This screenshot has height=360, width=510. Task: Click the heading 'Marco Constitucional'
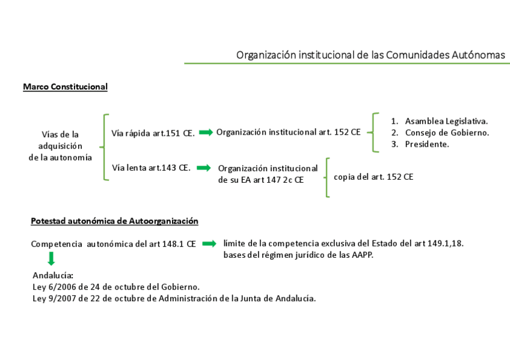click(x=65, y=87)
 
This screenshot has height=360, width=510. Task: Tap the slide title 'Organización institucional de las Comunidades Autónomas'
click(x=370, y=55)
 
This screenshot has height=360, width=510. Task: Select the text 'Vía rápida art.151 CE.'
click(x=153, y=133)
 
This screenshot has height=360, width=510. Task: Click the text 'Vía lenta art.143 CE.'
click(x=151, y=168)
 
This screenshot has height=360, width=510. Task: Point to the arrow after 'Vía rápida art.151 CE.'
click(x=206, y=132)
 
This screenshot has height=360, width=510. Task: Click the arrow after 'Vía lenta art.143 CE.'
click(x=203, y=168)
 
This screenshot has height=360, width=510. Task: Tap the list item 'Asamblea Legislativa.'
click(x=446, y=121)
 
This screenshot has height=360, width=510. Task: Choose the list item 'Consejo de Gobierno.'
click(x=446, y=132)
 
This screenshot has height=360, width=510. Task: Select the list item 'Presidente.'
click(x=426, y=144)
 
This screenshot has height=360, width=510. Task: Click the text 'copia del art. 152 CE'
click(x=373, y=177)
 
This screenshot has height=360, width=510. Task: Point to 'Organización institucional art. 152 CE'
click(x=288, y=132)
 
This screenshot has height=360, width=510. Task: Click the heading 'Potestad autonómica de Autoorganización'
click(x=114, y=221)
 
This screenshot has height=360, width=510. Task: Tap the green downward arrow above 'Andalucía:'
click(x=51, y=259)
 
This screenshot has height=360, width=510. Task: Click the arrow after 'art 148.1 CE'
click(x=209, y=243)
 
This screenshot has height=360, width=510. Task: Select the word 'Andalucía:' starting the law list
click(x=52, y=275)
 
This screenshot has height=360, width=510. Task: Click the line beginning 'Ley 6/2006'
click(x=116, y=287)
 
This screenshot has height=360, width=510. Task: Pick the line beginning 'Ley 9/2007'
click(x=174, y=298)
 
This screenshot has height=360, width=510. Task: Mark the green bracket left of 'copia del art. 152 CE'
click(x=327, y=177)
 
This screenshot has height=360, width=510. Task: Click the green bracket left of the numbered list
click(x=375, y=132)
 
